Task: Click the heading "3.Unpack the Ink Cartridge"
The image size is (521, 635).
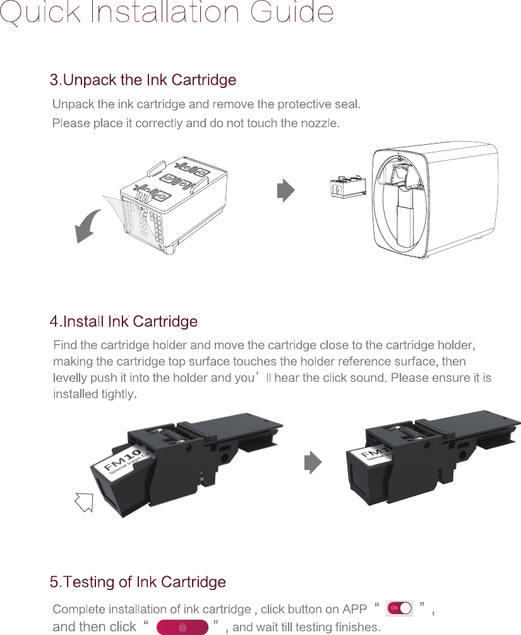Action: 143,80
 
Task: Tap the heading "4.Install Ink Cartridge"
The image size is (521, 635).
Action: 124,321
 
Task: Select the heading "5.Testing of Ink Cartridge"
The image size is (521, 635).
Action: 138,581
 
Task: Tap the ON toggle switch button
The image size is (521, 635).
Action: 399,608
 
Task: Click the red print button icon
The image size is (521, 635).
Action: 183,626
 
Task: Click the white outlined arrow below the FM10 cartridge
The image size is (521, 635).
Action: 84,503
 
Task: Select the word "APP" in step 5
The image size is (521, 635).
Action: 354,610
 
